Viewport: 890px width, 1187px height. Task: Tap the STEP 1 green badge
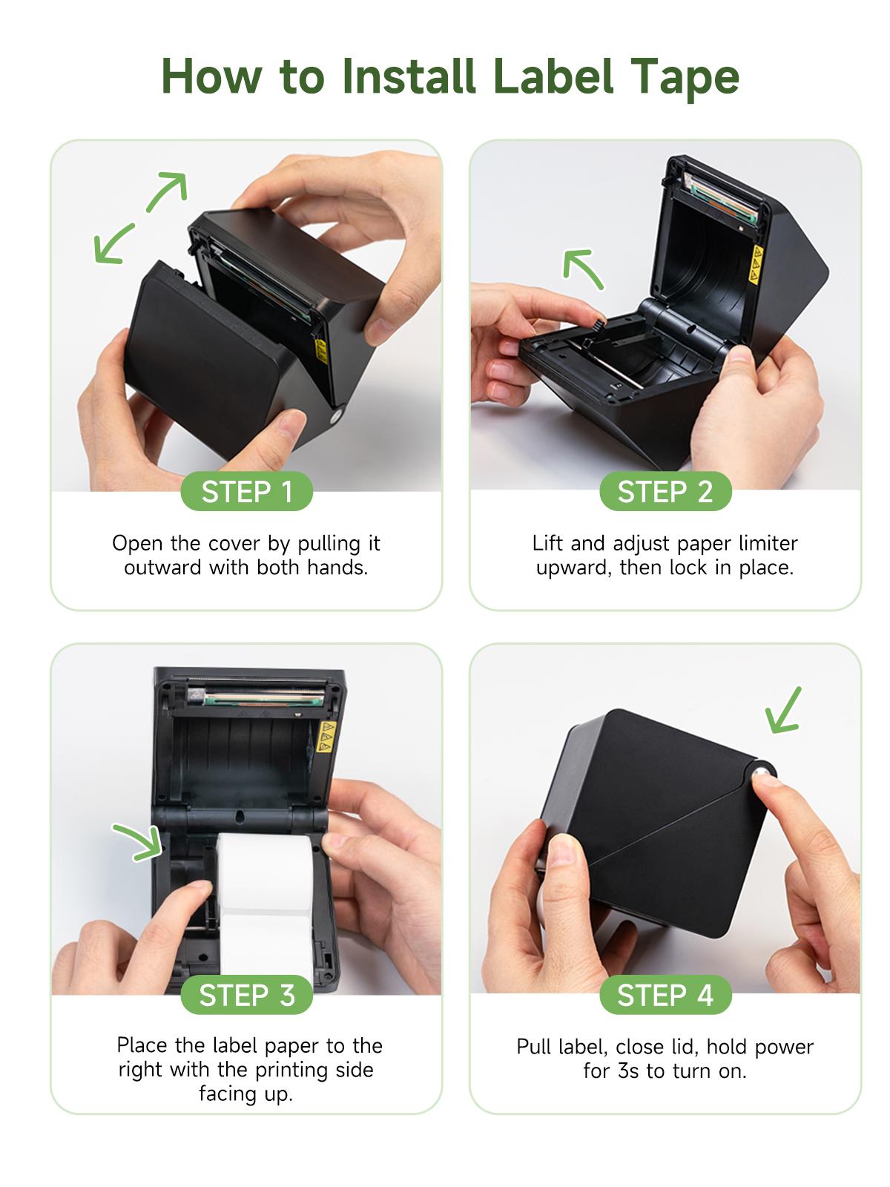(x=247, y=492)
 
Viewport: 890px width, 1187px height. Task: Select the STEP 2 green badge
(x=665, y=492)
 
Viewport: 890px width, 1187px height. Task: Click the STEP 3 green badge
(x=247, y=995)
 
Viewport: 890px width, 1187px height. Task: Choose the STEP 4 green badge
(x=665, y=995)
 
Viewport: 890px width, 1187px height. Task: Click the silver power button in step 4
(x=761, y=775)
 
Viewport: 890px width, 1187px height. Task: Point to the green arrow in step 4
(x=783, y=710)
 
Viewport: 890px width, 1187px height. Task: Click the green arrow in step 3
(x=139, y=842)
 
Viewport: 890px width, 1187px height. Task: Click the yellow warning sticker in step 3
(x=324, y=737)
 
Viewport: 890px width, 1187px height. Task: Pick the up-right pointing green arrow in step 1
(x=167, y=193)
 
